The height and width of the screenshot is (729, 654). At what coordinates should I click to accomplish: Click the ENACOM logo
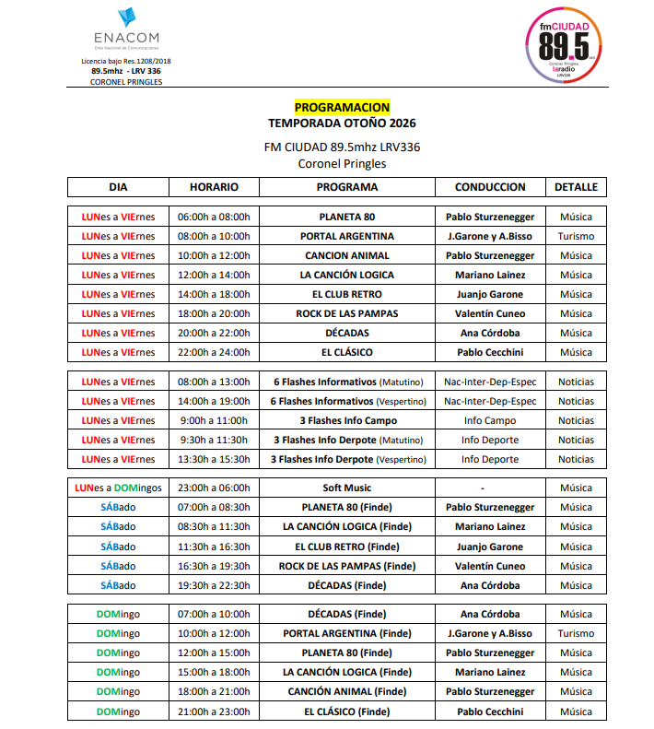point(125,29)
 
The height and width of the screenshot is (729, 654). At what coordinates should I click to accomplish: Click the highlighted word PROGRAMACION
point(342,108)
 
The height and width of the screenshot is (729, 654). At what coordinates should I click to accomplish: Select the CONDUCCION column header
point(490,187)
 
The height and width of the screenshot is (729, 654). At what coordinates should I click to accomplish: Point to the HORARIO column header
point(214,187)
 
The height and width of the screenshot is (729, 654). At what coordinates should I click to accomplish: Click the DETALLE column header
point(576,187)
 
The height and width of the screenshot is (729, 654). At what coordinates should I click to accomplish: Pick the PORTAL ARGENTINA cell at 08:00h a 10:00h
point(347,236)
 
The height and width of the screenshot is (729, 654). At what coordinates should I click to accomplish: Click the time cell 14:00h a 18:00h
point(214,294)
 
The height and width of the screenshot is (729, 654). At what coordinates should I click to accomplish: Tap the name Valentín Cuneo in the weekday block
point(490,313)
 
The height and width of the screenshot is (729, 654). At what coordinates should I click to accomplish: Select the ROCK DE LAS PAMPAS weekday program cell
point(347,313)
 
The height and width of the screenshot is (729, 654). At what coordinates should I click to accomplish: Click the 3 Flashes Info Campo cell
point(347,420)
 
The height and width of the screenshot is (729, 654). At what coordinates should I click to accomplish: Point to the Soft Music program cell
point(347,488)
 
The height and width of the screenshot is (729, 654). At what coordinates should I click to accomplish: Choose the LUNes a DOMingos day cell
point(118,488)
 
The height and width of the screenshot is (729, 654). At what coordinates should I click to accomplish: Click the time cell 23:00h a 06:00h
point(214,488)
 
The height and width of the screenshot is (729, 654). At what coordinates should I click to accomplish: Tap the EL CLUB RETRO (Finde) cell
point(347,547)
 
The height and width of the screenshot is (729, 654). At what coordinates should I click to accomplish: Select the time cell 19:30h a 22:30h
point(214,585)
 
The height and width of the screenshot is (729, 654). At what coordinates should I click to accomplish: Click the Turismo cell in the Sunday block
point(576,633)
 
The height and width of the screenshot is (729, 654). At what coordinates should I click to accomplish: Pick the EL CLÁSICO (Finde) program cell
point(347,711)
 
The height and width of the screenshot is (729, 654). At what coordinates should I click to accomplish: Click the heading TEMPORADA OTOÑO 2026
point(342,123)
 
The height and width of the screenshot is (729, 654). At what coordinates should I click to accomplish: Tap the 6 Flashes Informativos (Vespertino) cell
point(347,401)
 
